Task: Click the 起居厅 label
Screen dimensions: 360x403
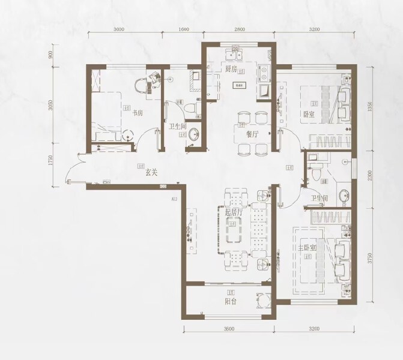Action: [234, 212]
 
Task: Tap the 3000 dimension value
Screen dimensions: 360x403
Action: [118, 29]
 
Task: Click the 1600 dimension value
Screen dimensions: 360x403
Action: [184, 29]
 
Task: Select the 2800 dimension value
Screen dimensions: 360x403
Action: [240, 29]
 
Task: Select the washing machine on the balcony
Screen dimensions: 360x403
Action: [262, 301]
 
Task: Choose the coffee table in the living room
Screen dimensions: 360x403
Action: [234, 231]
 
